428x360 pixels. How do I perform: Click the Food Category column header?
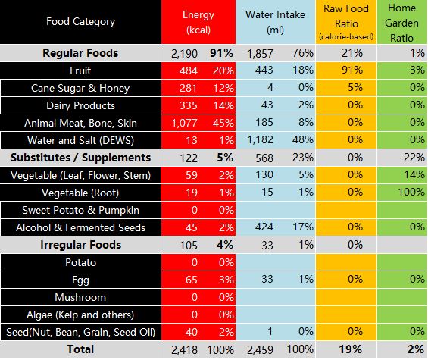tap(80, 21)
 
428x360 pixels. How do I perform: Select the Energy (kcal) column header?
tap(198, 22)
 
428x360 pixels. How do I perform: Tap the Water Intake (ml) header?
tap(275, 22)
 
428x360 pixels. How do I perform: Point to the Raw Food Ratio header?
tap(346, 23)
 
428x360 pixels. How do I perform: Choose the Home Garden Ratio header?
tap(401, 23)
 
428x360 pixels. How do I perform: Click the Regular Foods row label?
tap(80, 53)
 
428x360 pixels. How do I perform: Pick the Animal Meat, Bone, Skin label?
tap(80, 123)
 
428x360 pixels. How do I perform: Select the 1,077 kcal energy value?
tap(184, 123)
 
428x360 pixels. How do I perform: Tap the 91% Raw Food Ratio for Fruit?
tap(352, 70)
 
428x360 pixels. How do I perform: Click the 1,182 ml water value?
tap(260, 140)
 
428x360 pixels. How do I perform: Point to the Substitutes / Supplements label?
tap(80, 158)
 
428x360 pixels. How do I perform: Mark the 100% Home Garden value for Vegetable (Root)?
tap(411, 192)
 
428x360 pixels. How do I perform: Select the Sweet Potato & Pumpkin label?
tap(80, 210)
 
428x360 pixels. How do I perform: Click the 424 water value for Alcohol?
tap(264, 227)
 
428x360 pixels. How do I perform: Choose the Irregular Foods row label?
tap(80, 245)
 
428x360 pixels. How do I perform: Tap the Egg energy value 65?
tap(192, 280)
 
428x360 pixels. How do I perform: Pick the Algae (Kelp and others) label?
tap(80, 315)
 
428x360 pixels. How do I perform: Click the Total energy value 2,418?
tap(184, 349)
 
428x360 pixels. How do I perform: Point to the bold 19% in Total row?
tap(351, 349)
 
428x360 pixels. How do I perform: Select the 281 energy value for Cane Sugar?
tap(189, 88)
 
